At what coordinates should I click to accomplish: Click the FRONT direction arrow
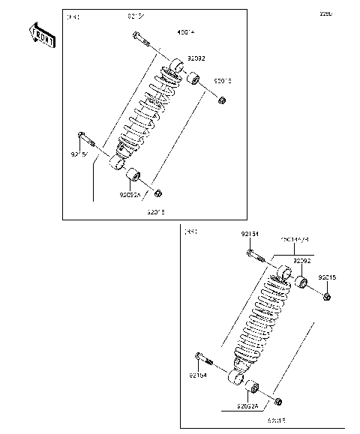(42, 35)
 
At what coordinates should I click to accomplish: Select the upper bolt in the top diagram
(142, 40)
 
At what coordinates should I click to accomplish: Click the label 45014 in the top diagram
(164, 31)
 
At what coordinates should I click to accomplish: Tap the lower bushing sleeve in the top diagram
(136, 178)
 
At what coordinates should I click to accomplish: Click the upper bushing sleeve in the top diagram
(193, 78)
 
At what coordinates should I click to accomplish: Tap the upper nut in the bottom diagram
(328, 298)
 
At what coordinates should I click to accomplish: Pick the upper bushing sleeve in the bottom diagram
(303, 283)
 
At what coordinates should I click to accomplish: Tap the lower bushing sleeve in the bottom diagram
(253, 388)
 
